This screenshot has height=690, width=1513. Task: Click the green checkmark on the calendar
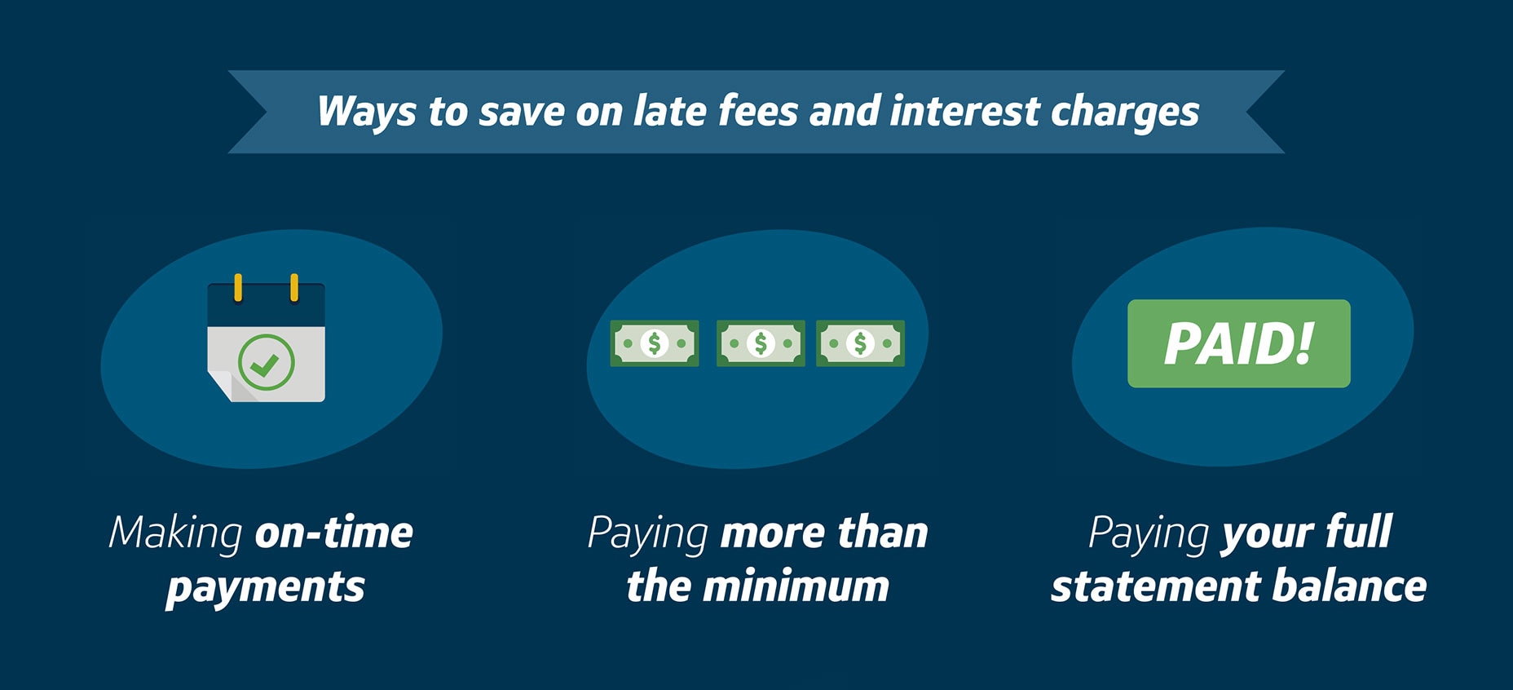coord(266,363)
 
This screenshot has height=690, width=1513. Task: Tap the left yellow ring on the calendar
coord(238,288)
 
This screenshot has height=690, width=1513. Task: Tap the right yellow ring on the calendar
coord(294,288)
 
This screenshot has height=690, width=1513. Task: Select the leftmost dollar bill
coord(655,343)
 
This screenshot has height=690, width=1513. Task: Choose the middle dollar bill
coord(761,343)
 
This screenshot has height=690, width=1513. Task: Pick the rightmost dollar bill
coord(860,343)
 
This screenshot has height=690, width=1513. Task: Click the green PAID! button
coord(1238,343)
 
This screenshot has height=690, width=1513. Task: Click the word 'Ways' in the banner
coord(366,112)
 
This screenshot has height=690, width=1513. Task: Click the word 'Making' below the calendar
coord(176,534)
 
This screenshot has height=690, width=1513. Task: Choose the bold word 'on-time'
coord(334,533)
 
